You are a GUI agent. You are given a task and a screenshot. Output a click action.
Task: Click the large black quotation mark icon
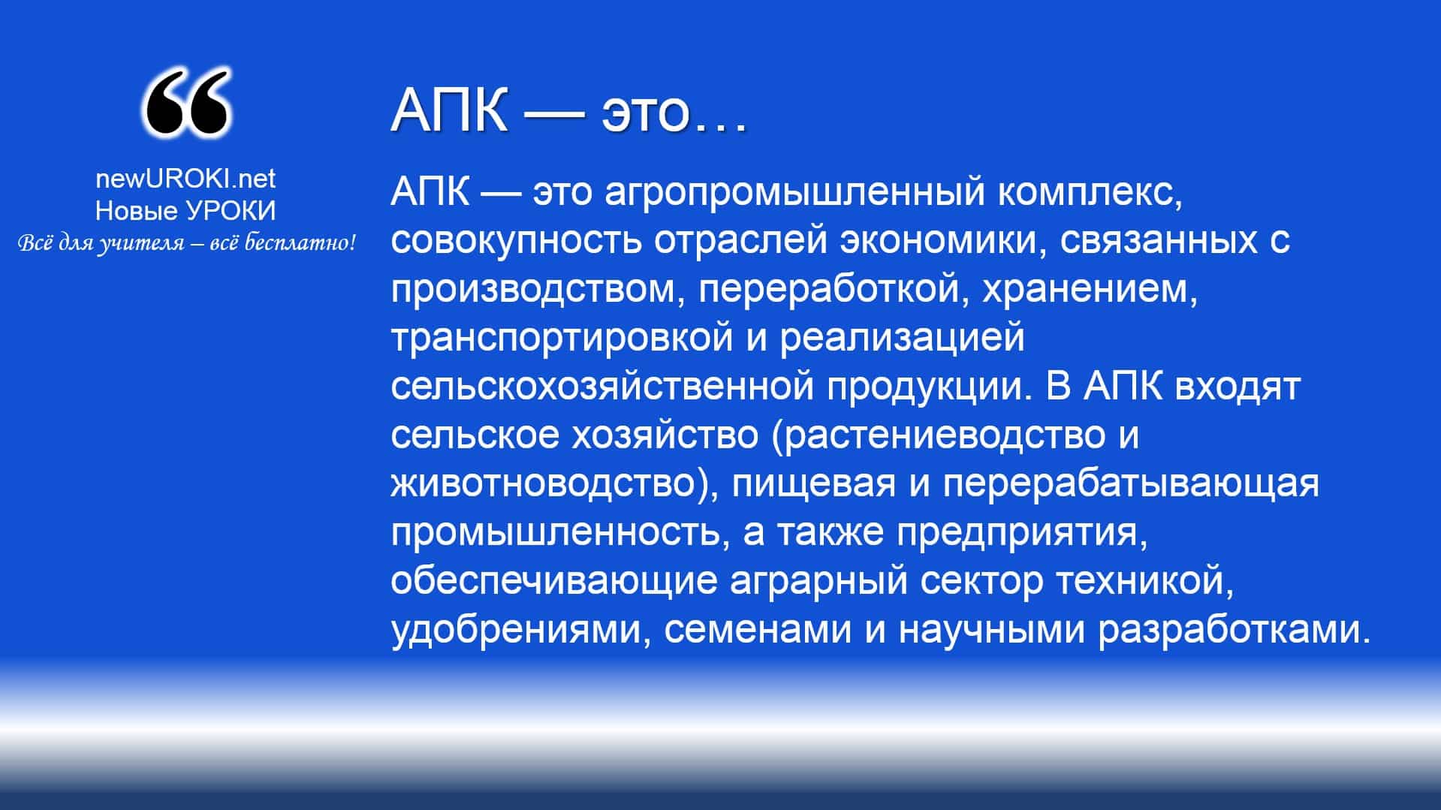point(186,103)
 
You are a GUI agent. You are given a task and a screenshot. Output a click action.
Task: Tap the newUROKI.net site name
point(185,179)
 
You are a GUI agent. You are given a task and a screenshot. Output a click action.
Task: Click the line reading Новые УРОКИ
point(185,211)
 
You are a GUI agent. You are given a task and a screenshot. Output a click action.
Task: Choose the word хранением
point(1090,290)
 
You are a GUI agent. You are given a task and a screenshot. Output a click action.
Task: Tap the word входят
point(1237,387)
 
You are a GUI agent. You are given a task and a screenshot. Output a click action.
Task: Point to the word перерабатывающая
point(1131,484)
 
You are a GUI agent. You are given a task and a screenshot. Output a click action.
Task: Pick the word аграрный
point(818,582)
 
